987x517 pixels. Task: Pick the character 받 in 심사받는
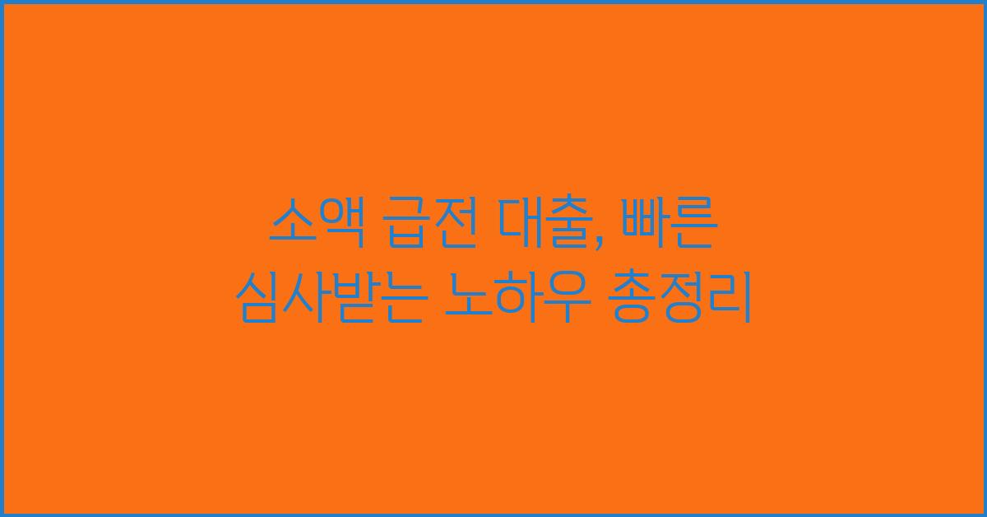356,300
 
